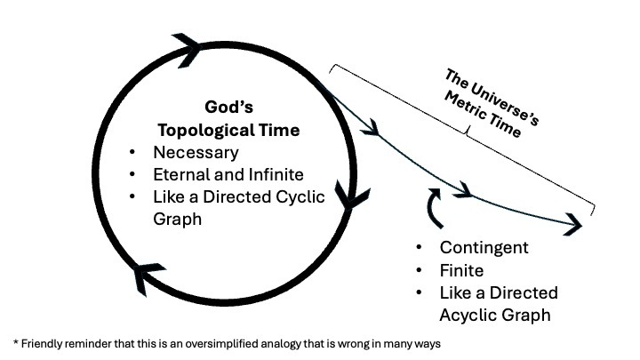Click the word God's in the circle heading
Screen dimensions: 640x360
coord(228,107)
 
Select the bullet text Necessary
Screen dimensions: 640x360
coord(196,153)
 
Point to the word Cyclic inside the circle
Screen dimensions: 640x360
coord(300,197)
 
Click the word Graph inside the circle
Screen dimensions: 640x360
coord(177,220)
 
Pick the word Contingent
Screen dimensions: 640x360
coord(484,248)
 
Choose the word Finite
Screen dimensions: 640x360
coord(461,270)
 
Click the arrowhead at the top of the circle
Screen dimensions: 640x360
coord(187,50)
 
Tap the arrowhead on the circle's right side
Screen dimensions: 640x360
coord(351,195)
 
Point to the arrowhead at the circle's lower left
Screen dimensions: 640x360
coord(148,278)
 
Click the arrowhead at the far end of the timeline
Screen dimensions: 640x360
coord(572,224)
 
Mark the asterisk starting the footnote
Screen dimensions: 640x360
coord(16,342)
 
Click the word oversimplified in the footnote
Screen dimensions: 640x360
coord(221,344)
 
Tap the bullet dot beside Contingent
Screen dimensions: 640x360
coord(419,247)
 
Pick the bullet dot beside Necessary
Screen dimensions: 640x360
coord(132,152)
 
